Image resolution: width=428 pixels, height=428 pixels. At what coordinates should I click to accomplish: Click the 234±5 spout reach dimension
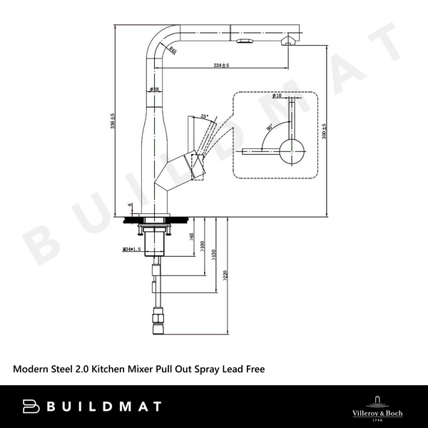click(220, 66)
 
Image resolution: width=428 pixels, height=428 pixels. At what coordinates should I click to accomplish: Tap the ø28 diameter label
click(153, 89)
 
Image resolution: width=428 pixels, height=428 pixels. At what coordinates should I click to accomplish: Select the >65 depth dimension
click(191, 235)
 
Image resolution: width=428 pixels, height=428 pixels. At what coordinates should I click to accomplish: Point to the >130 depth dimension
click(214, 255)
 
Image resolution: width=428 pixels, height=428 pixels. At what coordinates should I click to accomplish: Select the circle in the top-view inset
click(292, 151)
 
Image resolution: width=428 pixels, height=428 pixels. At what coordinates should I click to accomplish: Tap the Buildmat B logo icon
click(32, 407)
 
